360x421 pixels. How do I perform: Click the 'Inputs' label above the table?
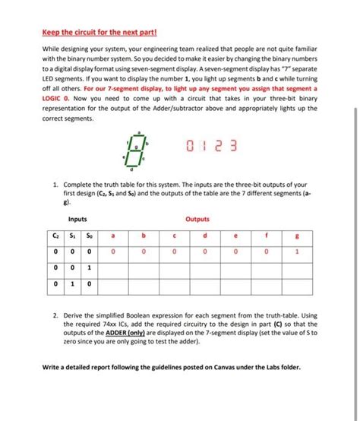pyautogui.click(x=77, y=219)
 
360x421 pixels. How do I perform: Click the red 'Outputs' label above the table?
pyautogui.click(x=197, y=219)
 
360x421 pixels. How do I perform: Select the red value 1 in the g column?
pyautogui.click(x=297, y=251)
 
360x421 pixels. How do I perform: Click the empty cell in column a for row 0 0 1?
pyautogui.click(x=112, y=267)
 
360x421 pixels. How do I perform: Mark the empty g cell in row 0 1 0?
pyautogui.click(x=297, y=284)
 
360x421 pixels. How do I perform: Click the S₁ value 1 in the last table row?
pyautogui.click(x=74, y=284)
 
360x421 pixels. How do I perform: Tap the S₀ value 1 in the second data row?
pyautogui.click(x=89, y=267)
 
